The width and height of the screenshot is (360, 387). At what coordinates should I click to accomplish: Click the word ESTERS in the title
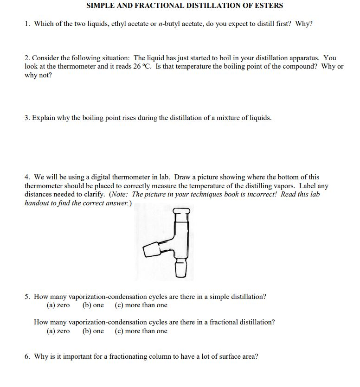click(x=267, y=6)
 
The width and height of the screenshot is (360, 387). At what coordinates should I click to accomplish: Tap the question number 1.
click(x=26, y=24)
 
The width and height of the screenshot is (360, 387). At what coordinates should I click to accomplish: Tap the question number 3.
click(x=27, y=118)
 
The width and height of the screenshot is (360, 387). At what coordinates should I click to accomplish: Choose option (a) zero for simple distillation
click(x=58, y=305)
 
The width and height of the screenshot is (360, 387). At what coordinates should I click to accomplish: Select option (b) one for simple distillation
click(x=93, y=305)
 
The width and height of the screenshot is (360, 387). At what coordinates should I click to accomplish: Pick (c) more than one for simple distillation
click(x=141, y=305)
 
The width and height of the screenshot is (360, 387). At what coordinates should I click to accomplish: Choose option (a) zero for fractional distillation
click(x=58, y=331)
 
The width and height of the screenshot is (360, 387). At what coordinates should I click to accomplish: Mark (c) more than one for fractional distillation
click(x=141, y=331)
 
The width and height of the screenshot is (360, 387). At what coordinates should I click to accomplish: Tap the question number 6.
click(x=27, y=356)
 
